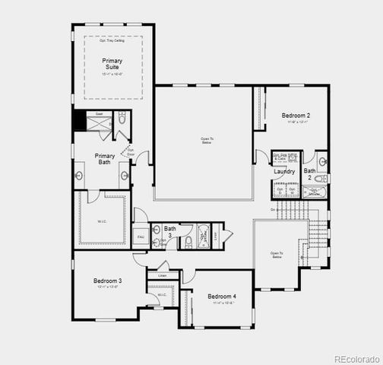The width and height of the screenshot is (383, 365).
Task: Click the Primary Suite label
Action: tap(112, 64)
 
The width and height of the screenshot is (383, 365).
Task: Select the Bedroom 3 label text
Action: tap(108, 281)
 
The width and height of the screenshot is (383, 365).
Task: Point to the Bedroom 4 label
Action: tap(222, 296)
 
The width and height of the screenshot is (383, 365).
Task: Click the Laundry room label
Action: tap(284, 172)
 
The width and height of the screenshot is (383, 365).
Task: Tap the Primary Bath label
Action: tap(105, 159)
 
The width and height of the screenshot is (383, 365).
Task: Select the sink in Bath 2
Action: tap(323, 161)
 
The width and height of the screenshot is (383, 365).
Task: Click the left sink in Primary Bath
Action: tap(80, 176)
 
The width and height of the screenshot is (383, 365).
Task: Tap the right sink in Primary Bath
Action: tap(124, 176)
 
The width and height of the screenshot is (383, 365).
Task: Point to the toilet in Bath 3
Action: tap(188, 243)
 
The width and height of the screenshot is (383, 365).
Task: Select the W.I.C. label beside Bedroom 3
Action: tap(162, 295)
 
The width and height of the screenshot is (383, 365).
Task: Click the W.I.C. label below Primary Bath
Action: tap(102, 222)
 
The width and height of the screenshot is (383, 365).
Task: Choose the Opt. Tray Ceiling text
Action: tap(112, 40)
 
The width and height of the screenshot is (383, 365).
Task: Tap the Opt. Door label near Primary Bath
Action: tap(131, 151)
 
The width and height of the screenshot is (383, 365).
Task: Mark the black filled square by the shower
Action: tap(78, 121)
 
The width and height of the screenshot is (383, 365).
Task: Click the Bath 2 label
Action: tap(310, 174)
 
